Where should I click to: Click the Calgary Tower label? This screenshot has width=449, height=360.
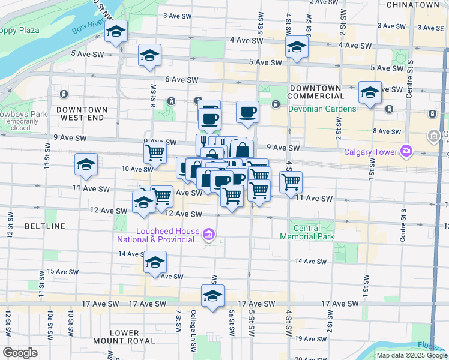[370, 151]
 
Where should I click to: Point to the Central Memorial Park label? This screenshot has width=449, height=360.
[306, 232]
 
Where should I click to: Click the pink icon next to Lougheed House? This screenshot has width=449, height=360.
[208, 233]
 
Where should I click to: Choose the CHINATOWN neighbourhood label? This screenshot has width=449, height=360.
[413, 5]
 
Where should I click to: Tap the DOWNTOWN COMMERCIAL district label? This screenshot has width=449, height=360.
[315, 92]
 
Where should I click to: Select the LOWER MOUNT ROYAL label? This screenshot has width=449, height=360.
[125, 337]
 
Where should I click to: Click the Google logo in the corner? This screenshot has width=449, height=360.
[20, 353]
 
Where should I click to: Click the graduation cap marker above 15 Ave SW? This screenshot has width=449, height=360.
[155, 262]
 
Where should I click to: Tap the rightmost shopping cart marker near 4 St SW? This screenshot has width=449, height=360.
[291, 181]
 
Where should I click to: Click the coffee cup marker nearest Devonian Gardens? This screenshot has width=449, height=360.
[247, 111]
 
